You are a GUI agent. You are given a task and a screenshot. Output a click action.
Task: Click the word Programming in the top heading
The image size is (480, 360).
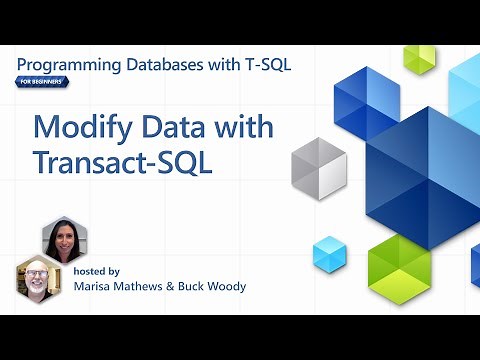click(68, 65)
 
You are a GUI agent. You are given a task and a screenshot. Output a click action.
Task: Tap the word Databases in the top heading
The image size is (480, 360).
click(171, 65)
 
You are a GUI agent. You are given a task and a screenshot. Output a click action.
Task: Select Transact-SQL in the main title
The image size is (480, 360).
click(123, 163)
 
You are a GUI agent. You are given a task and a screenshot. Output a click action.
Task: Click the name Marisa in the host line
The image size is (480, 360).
click(96, 287)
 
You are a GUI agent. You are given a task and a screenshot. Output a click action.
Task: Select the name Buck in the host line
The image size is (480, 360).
click(205, 287)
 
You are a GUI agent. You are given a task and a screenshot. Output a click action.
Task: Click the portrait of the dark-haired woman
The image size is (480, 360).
click(63, 240)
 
